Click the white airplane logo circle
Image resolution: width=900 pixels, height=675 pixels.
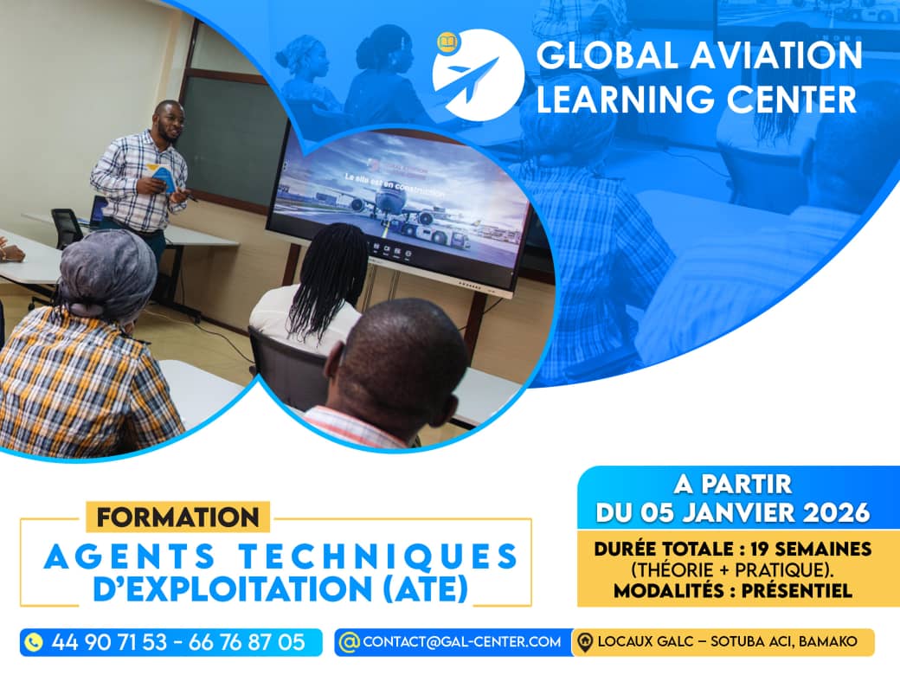[x=478, y=75]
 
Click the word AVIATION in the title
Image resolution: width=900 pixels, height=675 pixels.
[x=776, y=55]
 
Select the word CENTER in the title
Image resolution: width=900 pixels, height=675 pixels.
[x=792, y=99]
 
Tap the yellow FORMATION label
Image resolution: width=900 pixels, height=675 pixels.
[x=177, y=517]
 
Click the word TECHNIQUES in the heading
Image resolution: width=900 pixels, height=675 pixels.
[x=379, y=556]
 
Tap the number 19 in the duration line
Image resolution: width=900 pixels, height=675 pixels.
[x=760, y=549]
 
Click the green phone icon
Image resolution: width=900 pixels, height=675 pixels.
[x=34, y=642]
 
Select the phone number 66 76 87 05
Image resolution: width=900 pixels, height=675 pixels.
[x=247, y=642]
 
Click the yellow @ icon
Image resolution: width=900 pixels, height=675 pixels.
[x=349, y=642]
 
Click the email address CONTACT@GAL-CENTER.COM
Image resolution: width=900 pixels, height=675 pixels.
[x=462, y=642]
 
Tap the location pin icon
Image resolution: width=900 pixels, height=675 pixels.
[x=585, y=642]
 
